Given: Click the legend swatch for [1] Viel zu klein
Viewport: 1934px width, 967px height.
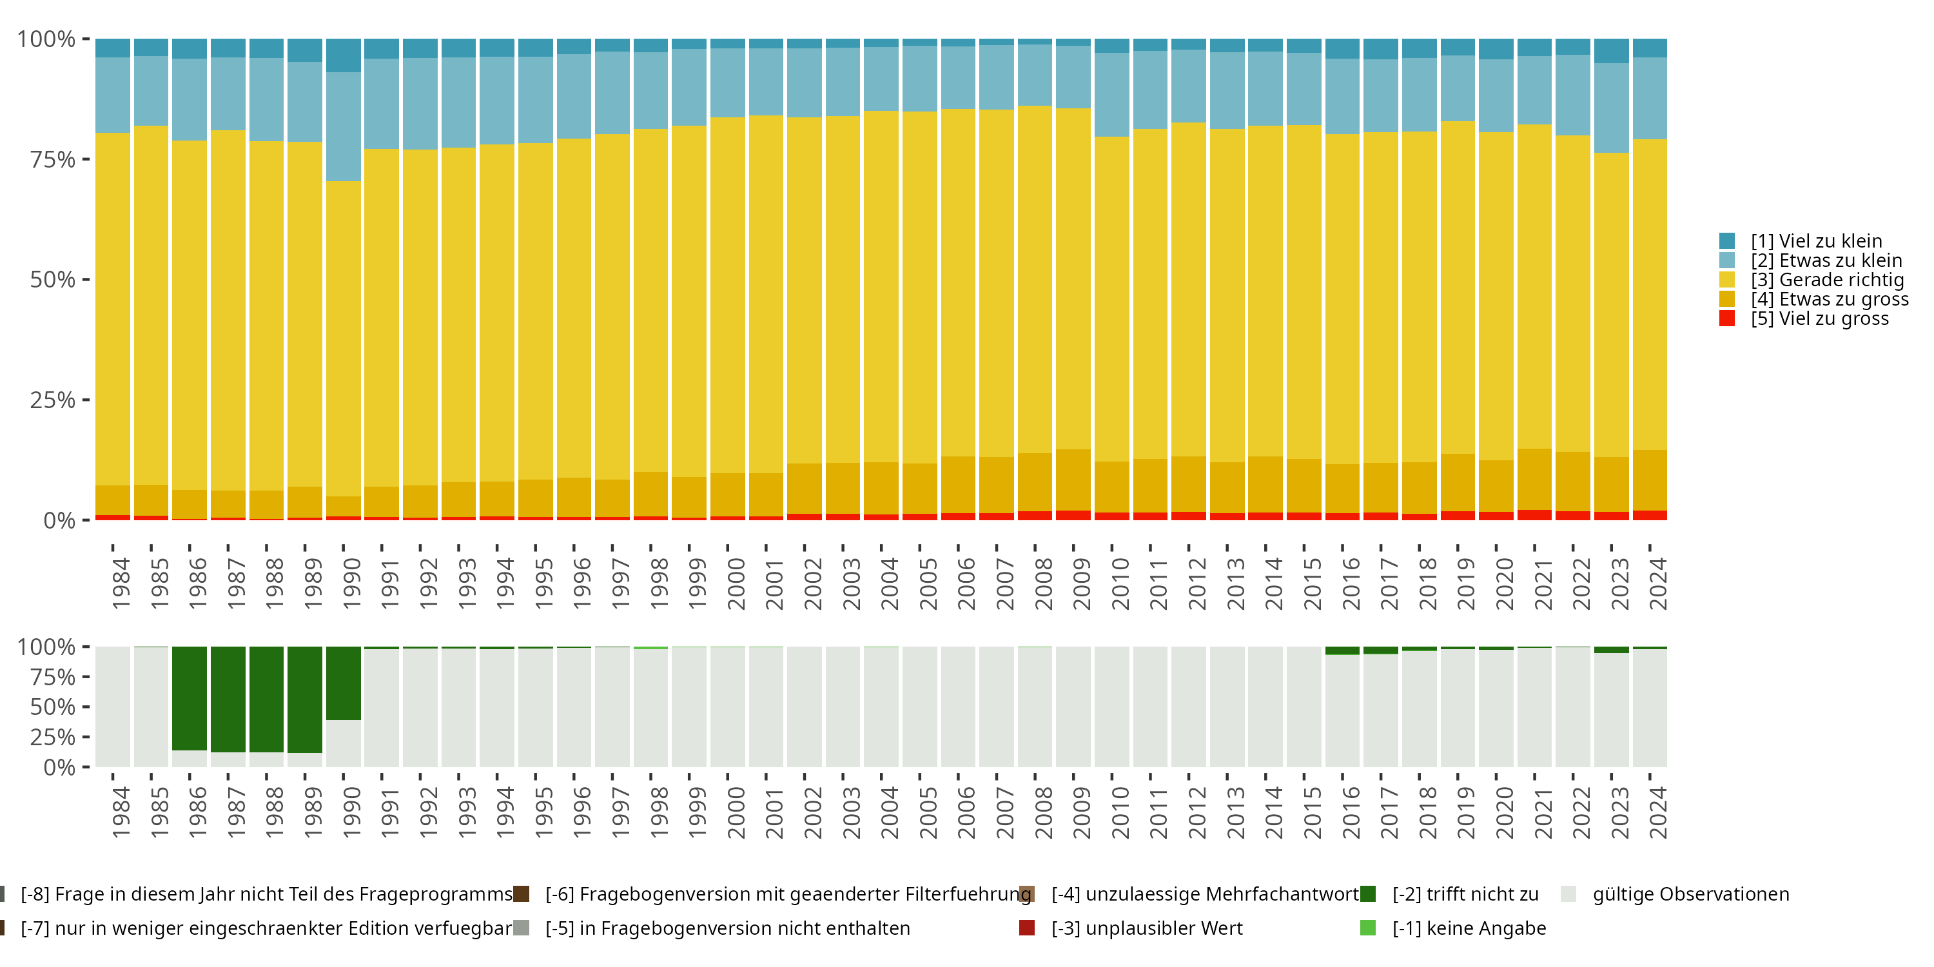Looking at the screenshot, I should [1727, 241].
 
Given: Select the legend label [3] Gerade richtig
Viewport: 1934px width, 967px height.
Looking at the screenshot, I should [1828, 280].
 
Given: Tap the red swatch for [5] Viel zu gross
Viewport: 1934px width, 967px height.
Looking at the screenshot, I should [1727, 318].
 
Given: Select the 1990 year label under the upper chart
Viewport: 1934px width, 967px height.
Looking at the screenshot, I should [351, 583].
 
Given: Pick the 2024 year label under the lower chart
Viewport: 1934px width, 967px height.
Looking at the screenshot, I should [1657, 812].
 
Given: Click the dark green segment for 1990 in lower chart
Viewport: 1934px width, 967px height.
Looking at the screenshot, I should [344, 683].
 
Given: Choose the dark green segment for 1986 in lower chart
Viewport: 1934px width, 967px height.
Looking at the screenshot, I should [189, 698].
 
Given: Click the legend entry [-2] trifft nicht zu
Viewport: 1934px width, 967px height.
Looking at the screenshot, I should [1465, 894].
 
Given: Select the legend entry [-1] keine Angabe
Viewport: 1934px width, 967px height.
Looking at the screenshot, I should [1469, 928].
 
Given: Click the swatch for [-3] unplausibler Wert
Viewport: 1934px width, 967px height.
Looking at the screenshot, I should [1027, 928].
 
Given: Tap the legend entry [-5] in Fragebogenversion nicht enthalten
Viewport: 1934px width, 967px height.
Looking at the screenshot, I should [727, 928].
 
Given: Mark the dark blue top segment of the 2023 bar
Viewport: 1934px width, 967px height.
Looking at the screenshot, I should [1611, 51].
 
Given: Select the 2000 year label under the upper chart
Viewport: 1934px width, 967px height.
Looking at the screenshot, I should [736, 583].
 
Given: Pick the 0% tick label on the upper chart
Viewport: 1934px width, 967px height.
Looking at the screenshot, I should [59, 520].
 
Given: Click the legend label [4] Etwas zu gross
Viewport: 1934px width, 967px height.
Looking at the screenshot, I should [1830, 299].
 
